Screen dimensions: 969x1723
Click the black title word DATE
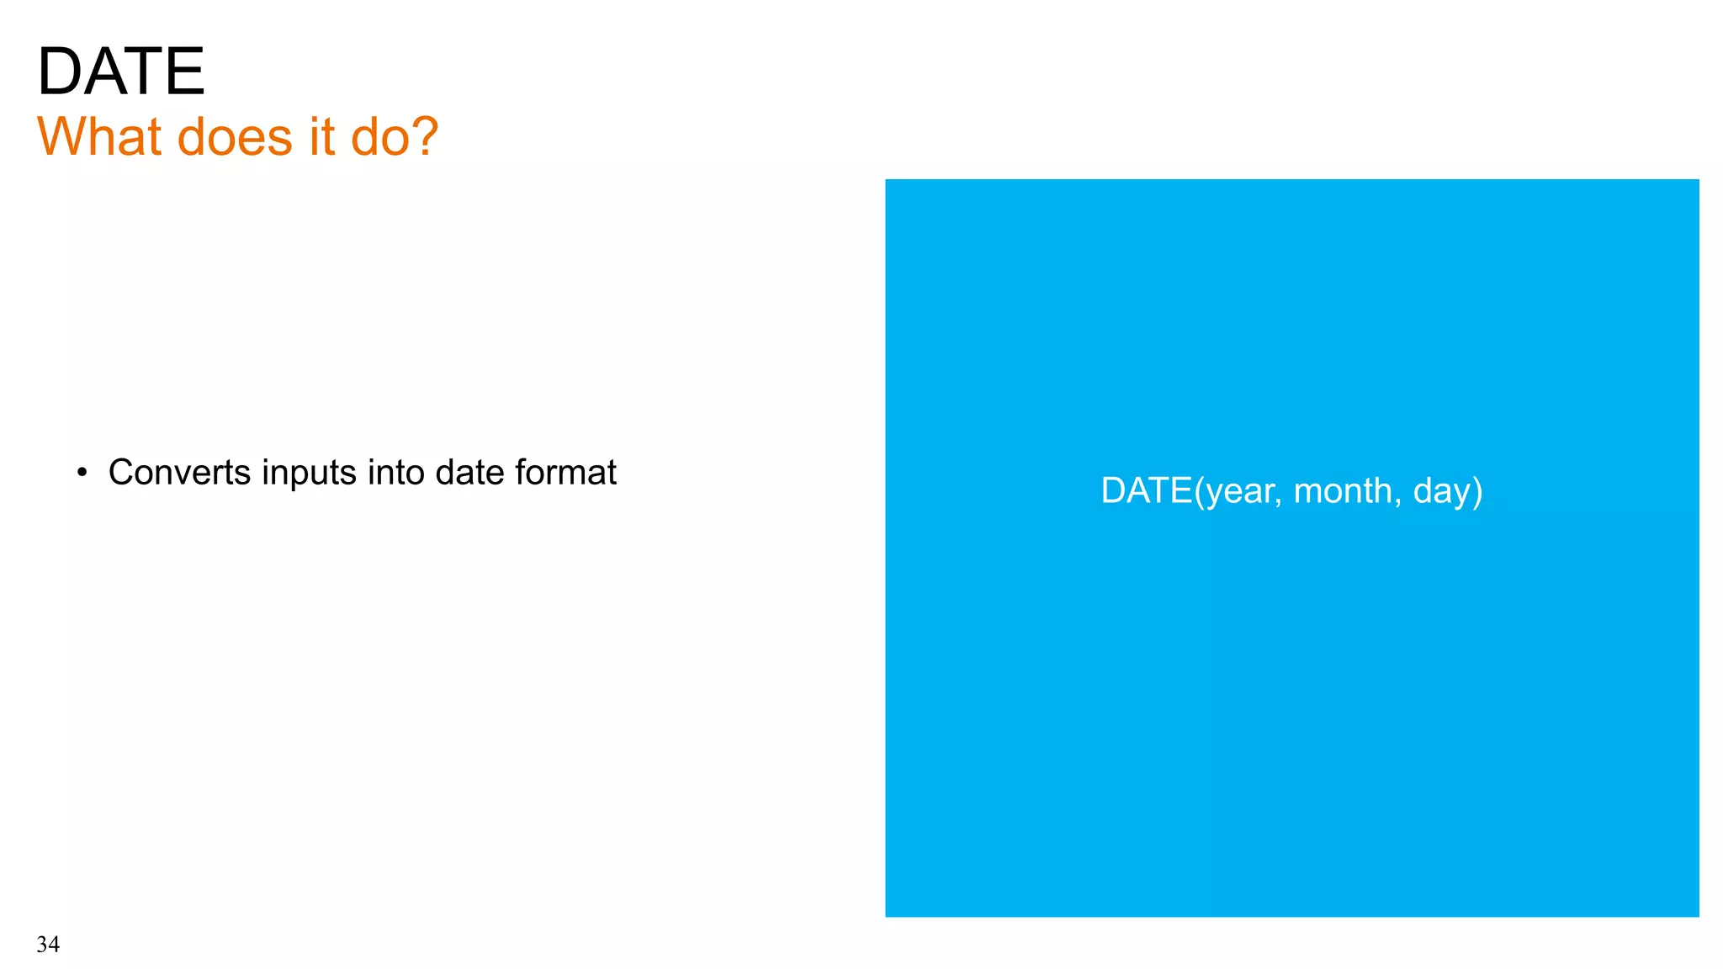pos(121,71)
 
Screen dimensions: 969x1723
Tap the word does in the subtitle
pos(235,136)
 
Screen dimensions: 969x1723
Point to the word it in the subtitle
pos(321,136)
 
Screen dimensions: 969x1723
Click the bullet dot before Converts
pos(82,473)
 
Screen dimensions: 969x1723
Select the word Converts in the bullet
pos(179,473)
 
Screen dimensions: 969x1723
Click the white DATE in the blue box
pos(1147,490)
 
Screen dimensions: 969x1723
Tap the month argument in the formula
pos(1343,490)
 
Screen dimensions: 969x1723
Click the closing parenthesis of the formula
pos(1477,491)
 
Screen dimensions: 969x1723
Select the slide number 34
pos(48,945)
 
